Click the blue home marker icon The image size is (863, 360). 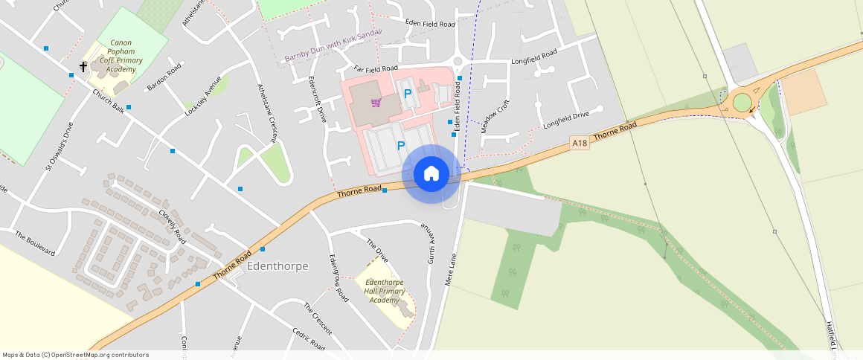coord(431,174)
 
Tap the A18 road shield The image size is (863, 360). coord(580,141)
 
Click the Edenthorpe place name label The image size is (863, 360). coord(277,266)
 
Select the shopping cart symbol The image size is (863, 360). coord(376,103)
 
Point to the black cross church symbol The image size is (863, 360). coord(83,67)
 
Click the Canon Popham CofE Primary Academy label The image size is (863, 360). coord(121,56)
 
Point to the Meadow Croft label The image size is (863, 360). coord(495,115)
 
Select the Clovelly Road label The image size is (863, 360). coord(172,225)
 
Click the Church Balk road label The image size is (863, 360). coord(108,101)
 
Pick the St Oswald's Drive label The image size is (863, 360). coord(59,146)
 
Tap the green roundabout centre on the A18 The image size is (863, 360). coord(742,102)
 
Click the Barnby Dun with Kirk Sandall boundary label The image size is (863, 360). coord(333,46)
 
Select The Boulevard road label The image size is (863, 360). coord(35,243)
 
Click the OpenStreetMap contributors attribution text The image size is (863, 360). coord(75,355)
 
